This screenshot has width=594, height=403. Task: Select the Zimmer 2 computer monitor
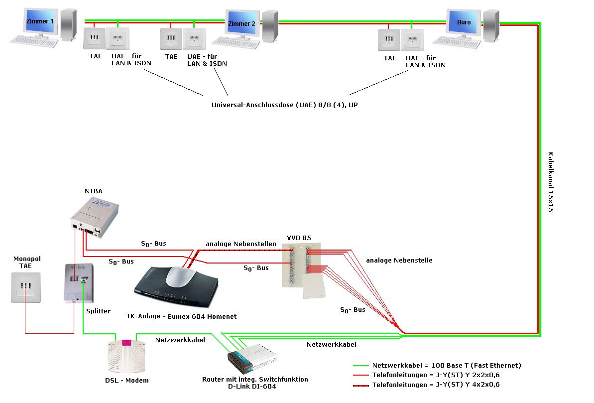click(x=241, y=23)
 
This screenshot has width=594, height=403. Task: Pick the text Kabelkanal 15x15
click(x=551, y=182)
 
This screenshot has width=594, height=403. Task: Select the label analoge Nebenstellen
click(x=241, y=244)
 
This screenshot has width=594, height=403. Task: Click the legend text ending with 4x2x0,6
click(x=436, y=385)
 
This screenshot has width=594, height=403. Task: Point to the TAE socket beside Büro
click(x=389, y=40)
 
